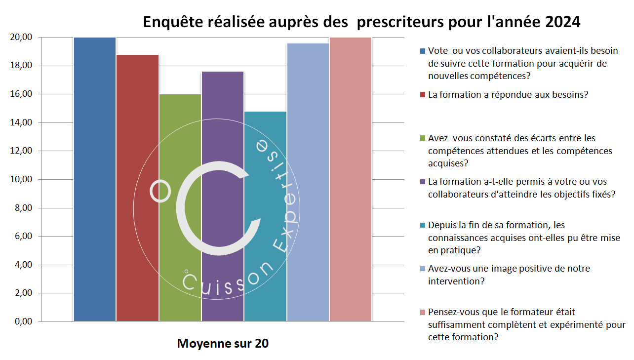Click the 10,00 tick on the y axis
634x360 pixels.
click(x=21, y=179)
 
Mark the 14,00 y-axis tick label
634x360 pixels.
click(x=21, y=122)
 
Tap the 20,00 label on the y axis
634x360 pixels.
click(x=21, y=38)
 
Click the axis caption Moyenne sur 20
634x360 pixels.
click(x=223, y=344)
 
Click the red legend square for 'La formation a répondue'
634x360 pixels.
click(x=422, y=94)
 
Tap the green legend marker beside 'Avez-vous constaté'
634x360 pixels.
click(x=422, y=138)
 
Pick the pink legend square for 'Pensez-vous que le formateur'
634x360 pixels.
click(x=422, y=313)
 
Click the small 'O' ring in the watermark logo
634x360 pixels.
click(x=160, y=191)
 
